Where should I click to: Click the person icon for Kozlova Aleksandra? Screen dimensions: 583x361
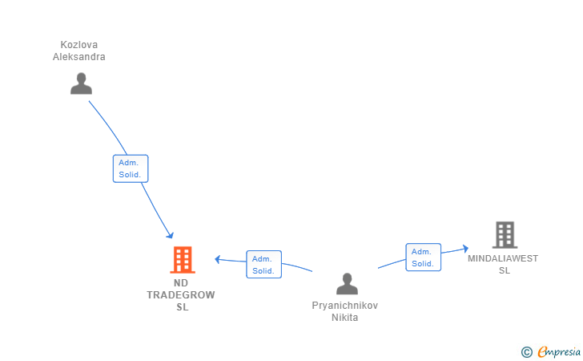pos(81,83)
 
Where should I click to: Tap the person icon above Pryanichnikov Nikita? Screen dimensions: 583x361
pos(347,283)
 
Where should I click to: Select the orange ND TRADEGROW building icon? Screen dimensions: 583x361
pos(183,260)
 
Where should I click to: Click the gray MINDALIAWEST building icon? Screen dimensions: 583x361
pos(505,235)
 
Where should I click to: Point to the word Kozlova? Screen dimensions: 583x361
pos(79,45)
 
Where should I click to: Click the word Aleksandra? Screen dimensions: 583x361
pos(78,57)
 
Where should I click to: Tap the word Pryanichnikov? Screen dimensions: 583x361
pos(345,306)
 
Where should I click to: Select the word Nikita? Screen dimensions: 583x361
pos(345,318)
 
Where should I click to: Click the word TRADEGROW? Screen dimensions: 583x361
pos(181,295)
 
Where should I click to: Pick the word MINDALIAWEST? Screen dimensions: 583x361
pos(503,258)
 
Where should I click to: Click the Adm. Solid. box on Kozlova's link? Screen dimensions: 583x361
pos(131,168)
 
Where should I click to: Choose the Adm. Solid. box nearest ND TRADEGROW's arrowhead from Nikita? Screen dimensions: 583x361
pos(264,265)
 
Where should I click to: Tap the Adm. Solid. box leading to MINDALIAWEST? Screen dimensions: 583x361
pos(424,258)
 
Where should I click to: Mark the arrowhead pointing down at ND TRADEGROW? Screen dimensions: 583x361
pos(171,235)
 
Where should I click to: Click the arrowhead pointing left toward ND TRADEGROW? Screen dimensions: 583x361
pos(218,259)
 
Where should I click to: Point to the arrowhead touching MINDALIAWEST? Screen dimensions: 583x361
pos(465,249)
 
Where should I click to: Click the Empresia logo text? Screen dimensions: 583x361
pos(559,351)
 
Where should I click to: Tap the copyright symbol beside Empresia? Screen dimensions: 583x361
pos(527,352)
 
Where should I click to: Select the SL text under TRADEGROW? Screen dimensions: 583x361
pos(183,307)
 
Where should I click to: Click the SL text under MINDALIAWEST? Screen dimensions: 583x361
pos(505,270)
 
